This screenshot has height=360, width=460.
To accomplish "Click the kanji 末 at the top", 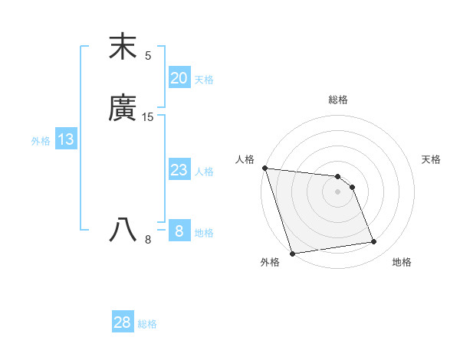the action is pos(123,47).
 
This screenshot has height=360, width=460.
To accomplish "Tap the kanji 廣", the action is pos(123,110).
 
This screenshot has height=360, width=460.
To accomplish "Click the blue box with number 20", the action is pos(179,78).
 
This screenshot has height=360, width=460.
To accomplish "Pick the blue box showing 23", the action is pos(179,170).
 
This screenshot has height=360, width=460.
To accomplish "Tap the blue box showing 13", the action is pos(65,139).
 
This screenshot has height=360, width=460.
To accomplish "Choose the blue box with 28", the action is pos(122,322).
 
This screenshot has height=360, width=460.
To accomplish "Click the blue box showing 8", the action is pos(179,231).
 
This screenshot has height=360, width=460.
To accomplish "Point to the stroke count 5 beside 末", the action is pos(148,55).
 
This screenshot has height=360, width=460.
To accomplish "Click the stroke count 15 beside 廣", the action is pos(148,117).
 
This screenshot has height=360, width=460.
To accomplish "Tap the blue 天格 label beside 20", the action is pos(204,80).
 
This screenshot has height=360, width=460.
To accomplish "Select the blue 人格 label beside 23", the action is pos(204,172).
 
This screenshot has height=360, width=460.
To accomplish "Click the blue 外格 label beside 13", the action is pos(41,141).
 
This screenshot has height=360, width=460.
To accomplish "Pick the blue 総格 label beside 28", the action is pos(147,324).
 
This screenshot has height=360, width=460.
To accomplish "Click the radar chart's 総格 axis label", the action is pos(338,100).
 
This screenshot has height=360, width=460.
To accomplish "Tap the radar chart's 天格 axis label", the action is pos(432,159).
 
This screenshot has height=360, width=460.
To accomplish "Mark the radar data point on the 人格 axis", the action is pos(264,168).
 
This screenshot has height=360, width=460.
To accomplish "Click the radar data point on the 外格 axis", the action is pos(292,253).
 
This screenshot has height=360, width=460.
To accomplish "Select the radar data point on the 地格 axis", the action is pos(374,242).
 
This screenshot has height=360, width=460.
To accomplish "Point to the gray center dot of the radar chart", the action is pos(338,191).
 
